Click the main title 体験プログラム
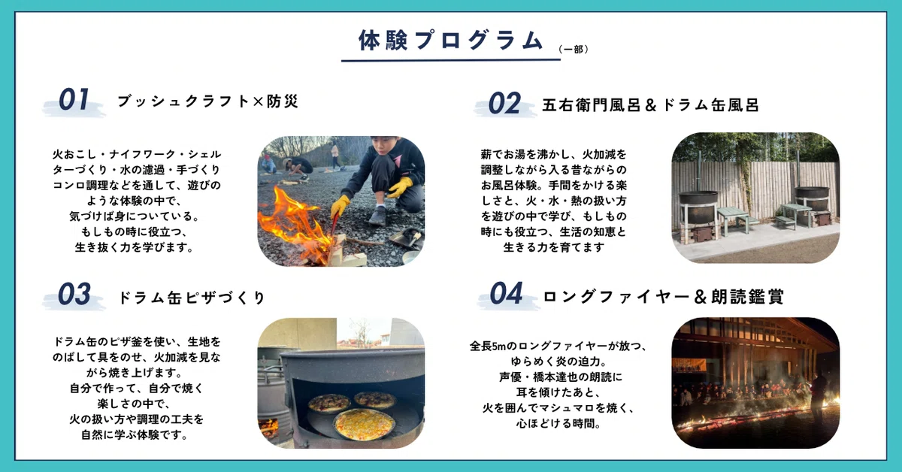pyautogui.click(x=451, y=41)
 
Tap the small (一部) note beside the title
pyautogui.click(x=574, y=49)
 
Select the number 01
pyautogui.click(x=74, y=99)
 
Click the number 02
pyautogui.click(x=504, y=104)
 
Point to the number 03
pyautogui.click(x=74, y=294)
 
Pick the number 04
pyautogui.click(x=506, y=293)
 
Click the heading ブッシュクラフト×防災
pyautogui.click(x=207, y=101)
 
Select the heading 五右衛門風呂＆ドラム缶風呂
pyautogui.click(x=650, y=105)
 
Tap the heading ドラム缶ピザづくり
pyautogui.click(x=191, y=298)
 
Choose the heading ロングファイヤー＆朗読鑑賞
pyautogui.click(x=664, y=297)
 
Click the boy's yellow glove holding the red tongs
pyautogui.click(x=341, y=206)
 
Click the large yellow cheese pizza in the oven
pyautogui.click(x=364, y=424)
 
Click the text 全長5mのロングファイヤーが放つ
pyautogui.click(x=558, y=346)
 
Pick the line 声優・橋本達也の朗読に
pyautogui.click(x=561, y=377)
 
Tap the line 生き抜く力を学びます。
pyautogui.click(x=135, y=247)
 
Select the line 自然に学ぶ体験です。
pyautogui.click(x=135, y=435)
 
